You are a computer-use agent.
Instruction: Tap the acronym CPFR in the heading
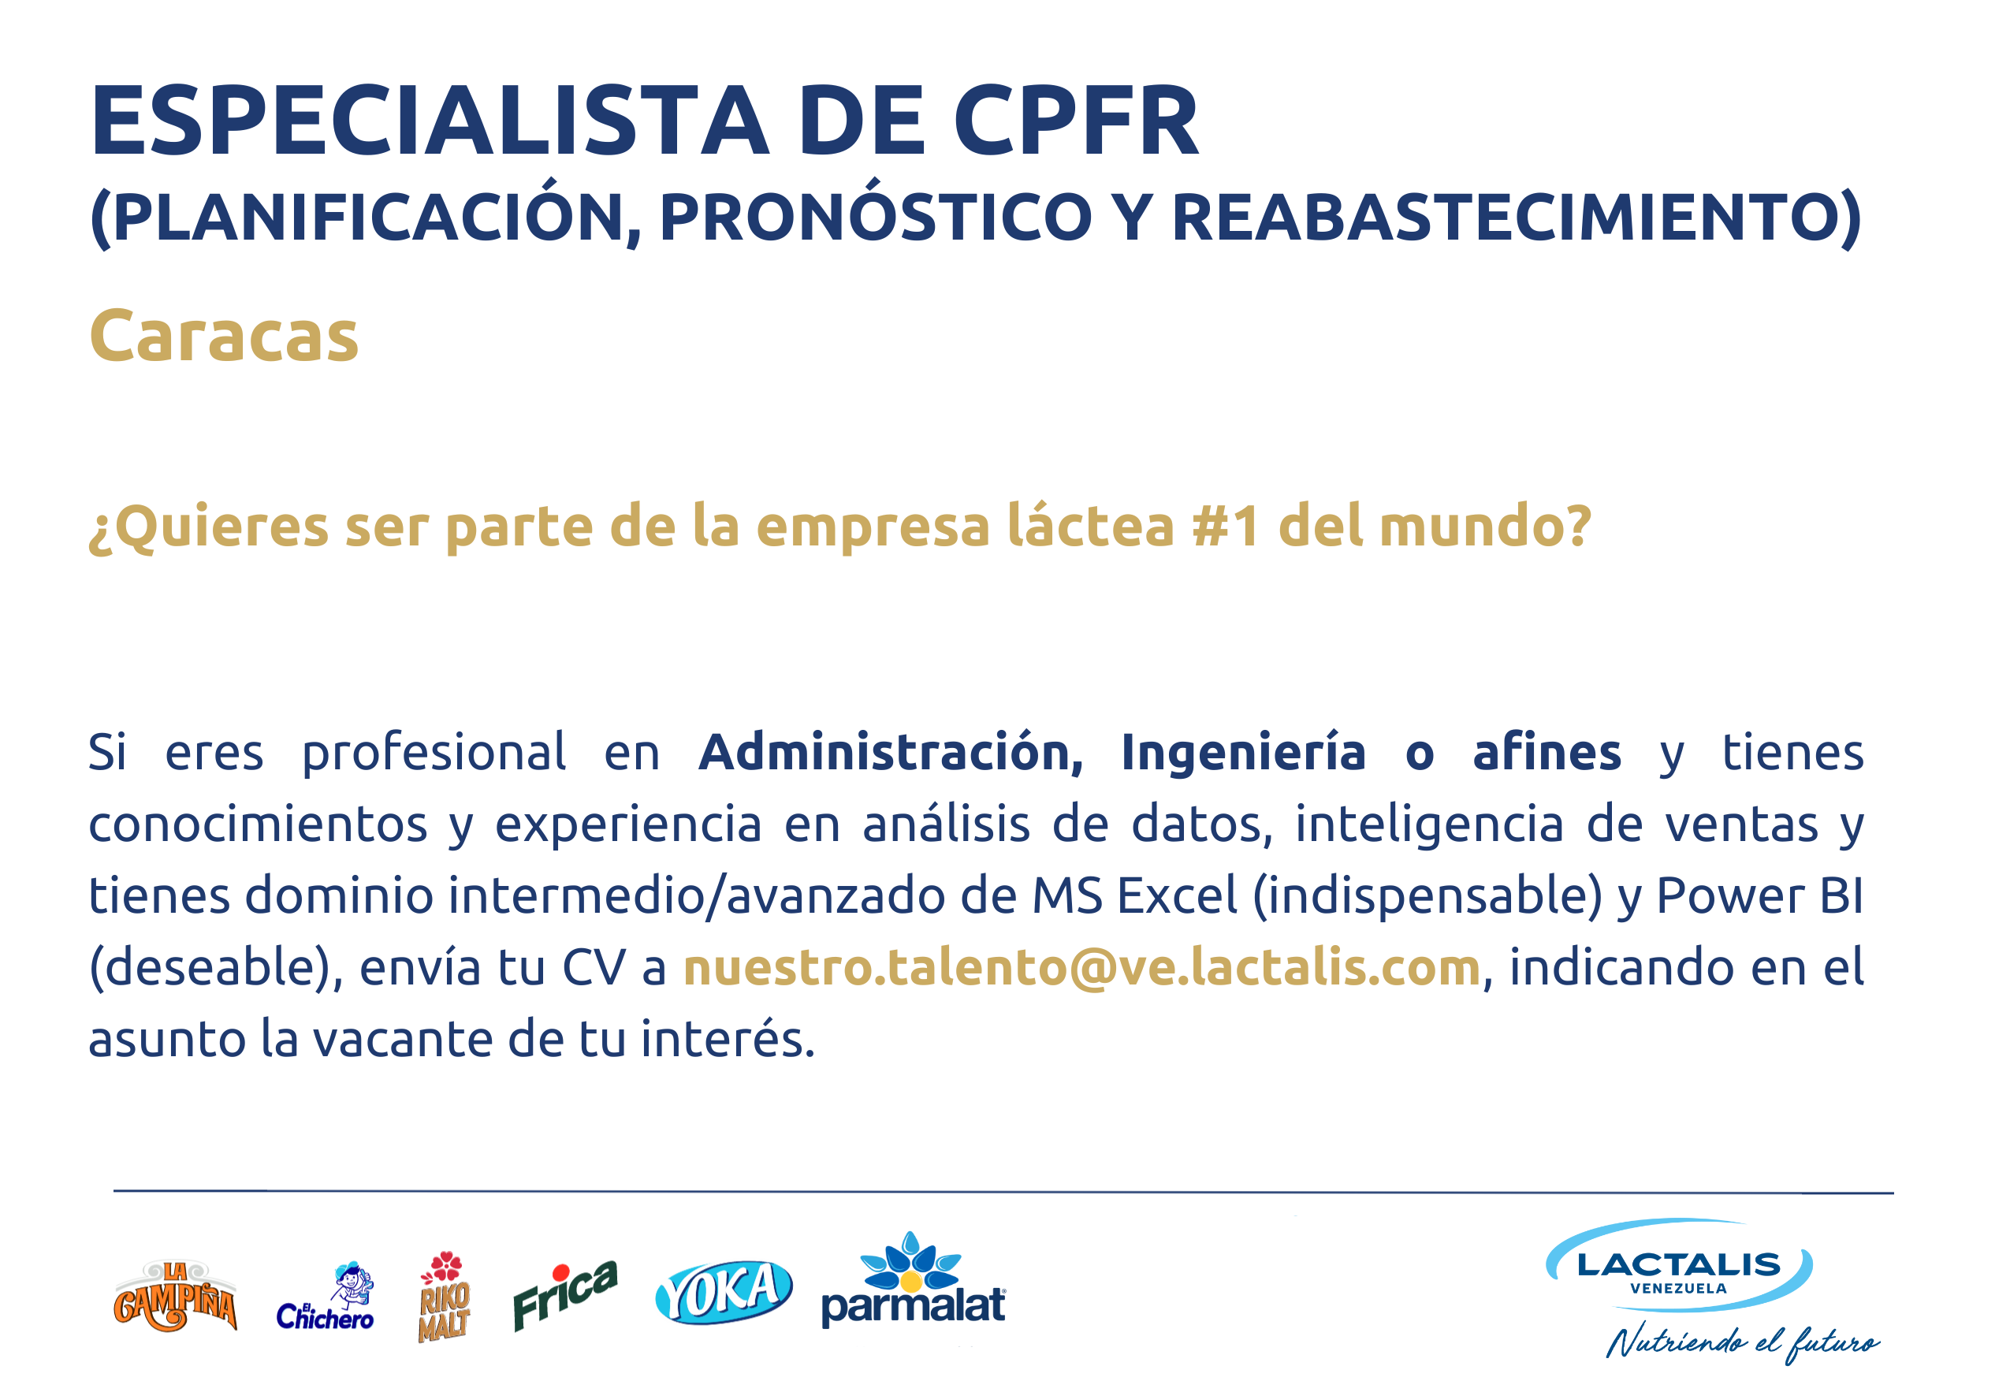coord(1076,121)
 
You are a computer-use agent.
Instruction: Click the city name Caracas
coord(224,336)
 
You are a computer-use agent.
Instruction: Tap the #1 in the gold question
coord(1225,526)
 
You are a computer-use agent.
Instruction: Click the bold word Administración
coord(891,752)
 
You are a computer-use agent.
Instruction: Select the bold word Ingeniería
coord(1242,753)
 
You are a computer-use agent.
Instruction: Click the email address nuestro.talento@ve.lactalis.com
coord(1082,968)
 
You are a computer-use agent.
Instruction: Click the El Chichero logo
coord(325,1297)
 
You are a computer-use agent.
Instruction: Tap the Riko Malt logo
coord(445,1297)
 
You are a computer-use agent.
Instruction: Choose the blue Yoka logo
coord(724,1293)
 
